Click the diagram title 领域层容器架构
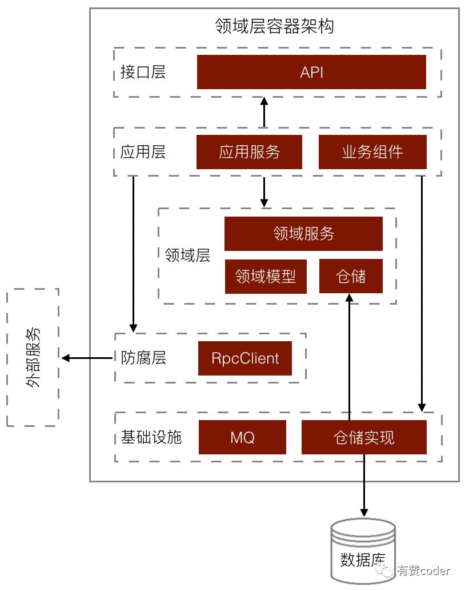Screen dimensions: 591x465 pyautogui.click(x=274, y=26)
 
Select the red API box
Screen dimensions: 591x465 pyautogui.click(x=311, y=72)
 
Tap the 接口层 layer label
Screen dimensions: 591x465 pyautogui.click(x=143, y=73)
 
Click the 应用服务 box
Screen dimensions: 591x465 pyautogui.click(x=249, y=152)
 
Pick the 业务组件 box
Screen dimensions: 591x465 pyautogui.click(x=372, y=152)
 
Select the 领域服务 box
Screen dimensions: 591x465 pyautogui.click(x=303, y=234)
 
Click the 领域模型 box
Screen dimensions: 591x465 pyautogui.click(x=266, y=277)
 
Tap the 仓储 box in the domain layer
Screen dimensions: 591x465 pyautogui.click(x=350, y=277)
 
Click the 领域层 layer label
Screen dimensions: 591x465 pyautogui.click(x=183, y=255)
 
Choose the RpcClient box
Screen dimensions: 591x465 pyautogui.click(x=244, y=358)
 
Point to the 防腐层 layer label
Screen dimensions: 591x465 pyautogui.click(x=143, y=358)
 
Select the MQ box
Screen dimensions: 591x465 pyautogui.click(x=242, y=438)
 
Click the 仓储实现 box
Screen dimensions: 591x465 pyautogui.click(x=363, y=438)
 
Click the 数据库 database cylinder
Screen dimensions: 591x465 pyautogui.click(x=363, y=552)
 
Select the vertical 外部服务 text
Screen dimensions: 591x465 pyautogui.click(x=33, y=358)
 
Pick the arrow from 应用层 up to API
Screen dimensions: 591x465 pyautogui.click(x=264, y=112)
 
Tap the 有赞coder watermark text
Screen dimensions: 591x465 pyautogui.click(x=423, y=570)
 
